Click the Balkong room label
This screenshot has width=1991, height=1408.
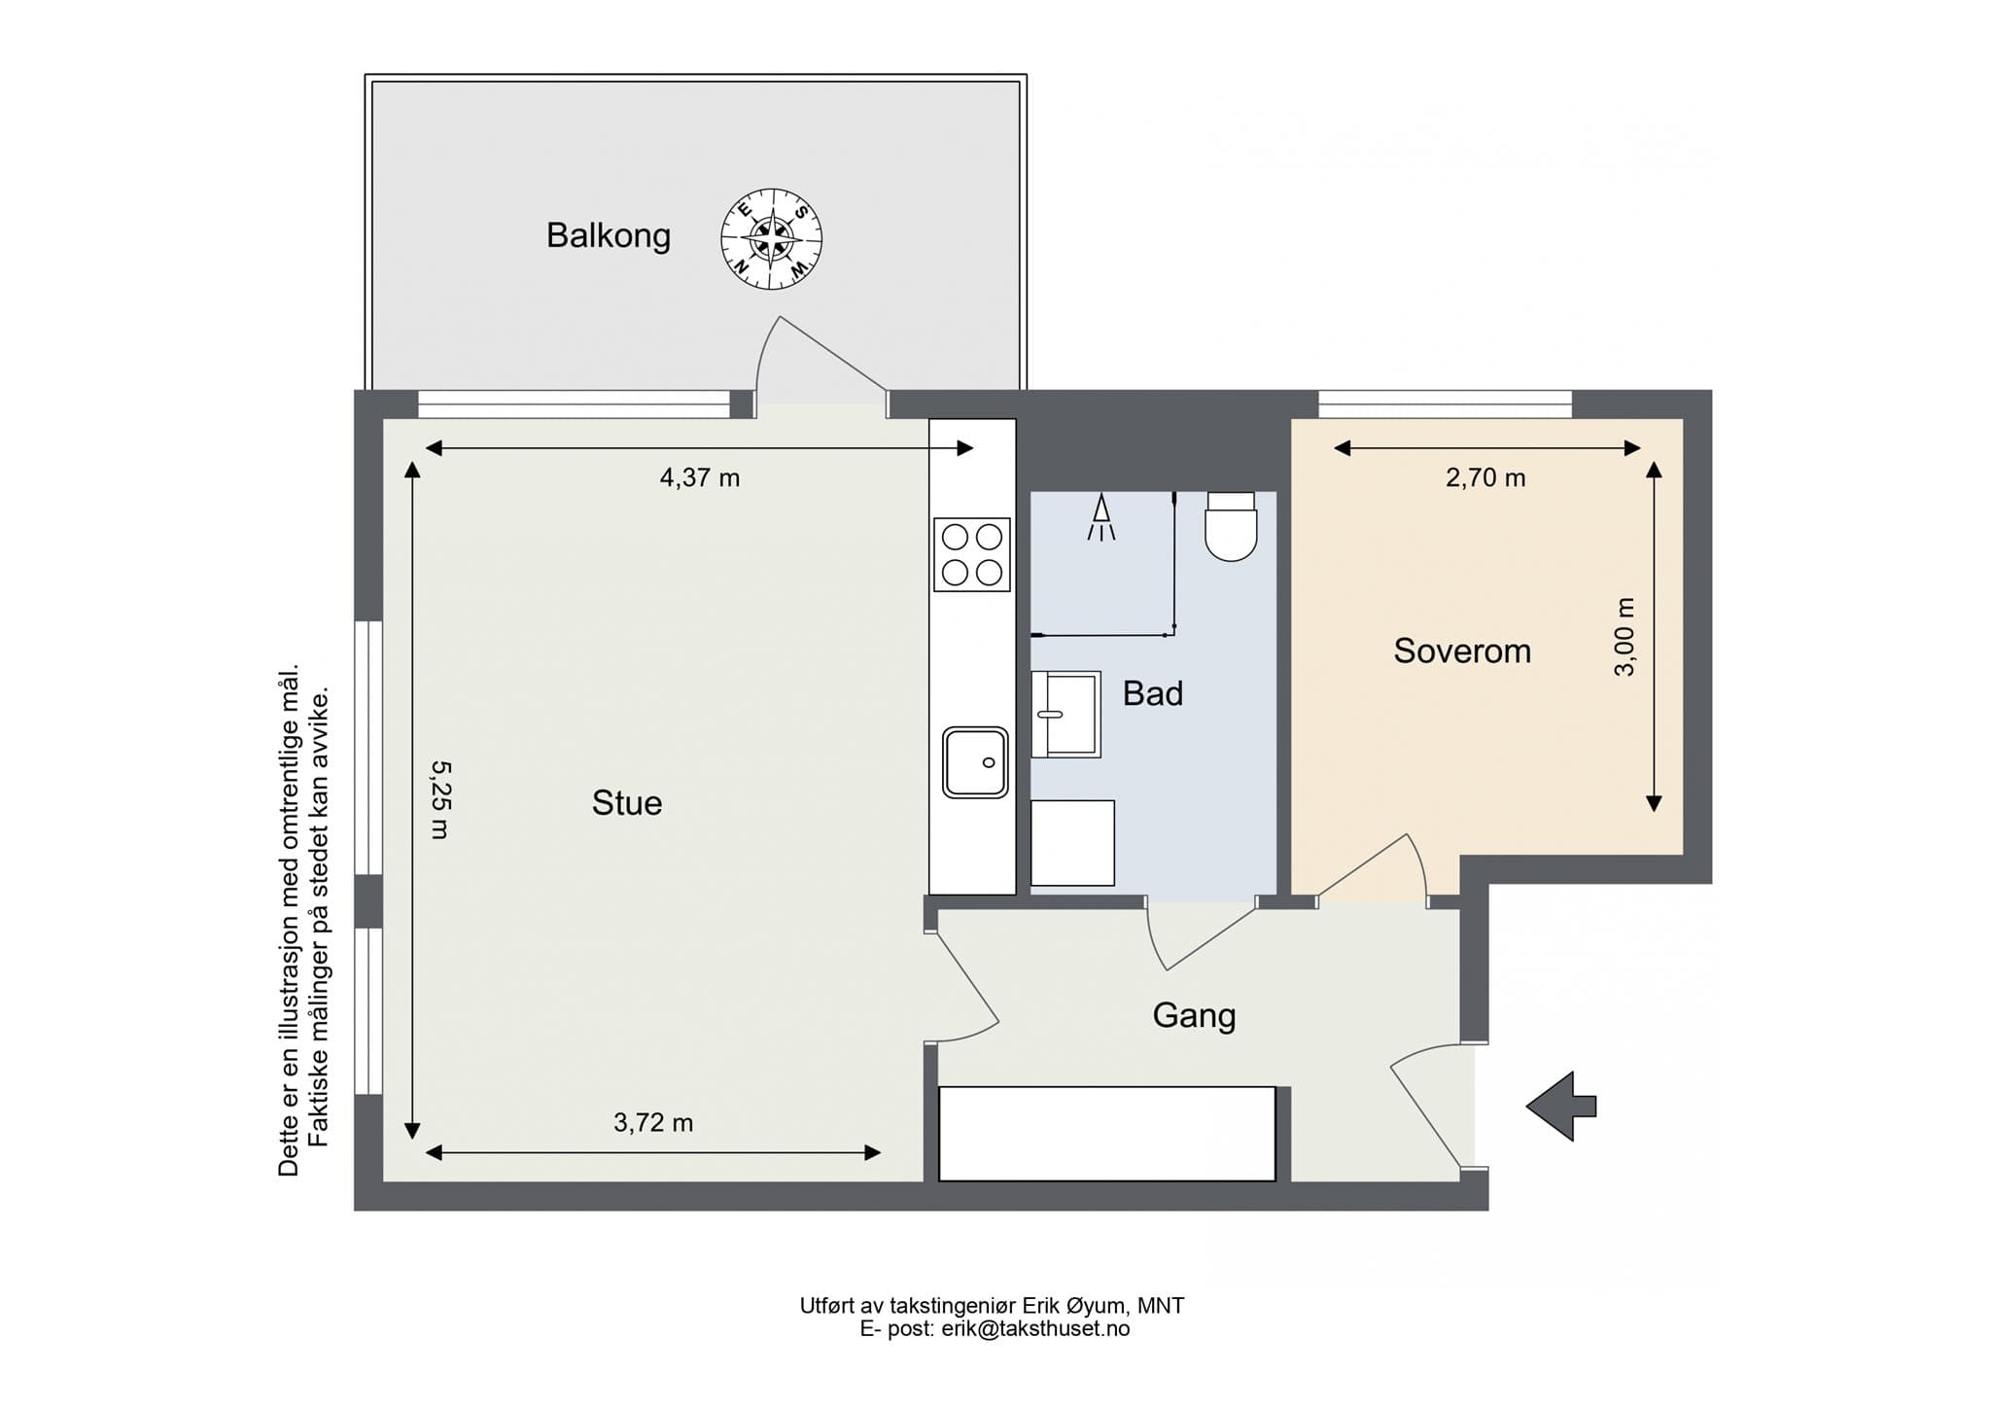609,235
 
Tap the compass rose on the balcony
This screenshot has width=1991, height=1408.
772,239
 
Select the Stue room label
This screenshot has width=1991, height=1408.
627,803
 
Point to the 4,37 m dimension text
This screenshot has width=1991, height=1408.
700,477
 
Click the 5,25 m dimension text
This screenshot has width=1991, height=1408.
440,799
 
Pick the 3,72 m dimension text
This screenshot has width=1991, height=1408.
653,1123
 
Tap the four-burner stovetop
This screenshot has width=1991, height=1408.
972,554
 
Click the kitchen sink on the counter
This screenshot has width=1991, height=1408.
975,762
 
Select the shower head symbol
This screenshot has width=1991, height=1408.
1101,517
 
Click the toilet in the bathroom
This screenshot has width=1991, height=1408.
1231,526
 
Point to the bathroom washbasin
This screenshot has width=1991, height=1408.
1065,714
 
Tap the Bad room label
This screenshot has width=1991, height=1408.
1153,693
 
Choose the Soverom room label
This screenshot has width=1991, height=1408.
1462,651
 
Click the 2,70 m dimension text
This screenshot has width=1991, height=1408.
1485,477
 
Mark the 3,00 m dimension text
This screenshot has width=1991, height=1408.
1624,637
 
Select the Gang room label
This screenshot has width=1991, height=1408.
1194,1016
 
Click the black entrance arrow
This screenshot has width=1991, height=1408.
1561,1106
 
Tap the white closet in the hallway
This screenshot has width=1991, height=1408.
1106,1134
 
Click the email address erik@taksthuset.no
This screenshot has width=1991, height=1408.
1035,1329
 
